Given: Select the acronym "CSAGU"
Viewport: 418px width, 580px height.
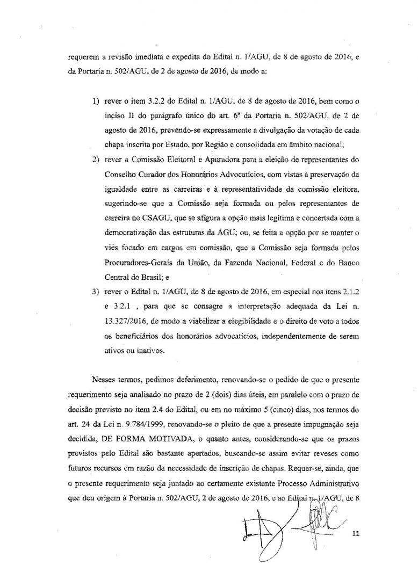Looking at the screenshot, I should click(156, 218).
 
